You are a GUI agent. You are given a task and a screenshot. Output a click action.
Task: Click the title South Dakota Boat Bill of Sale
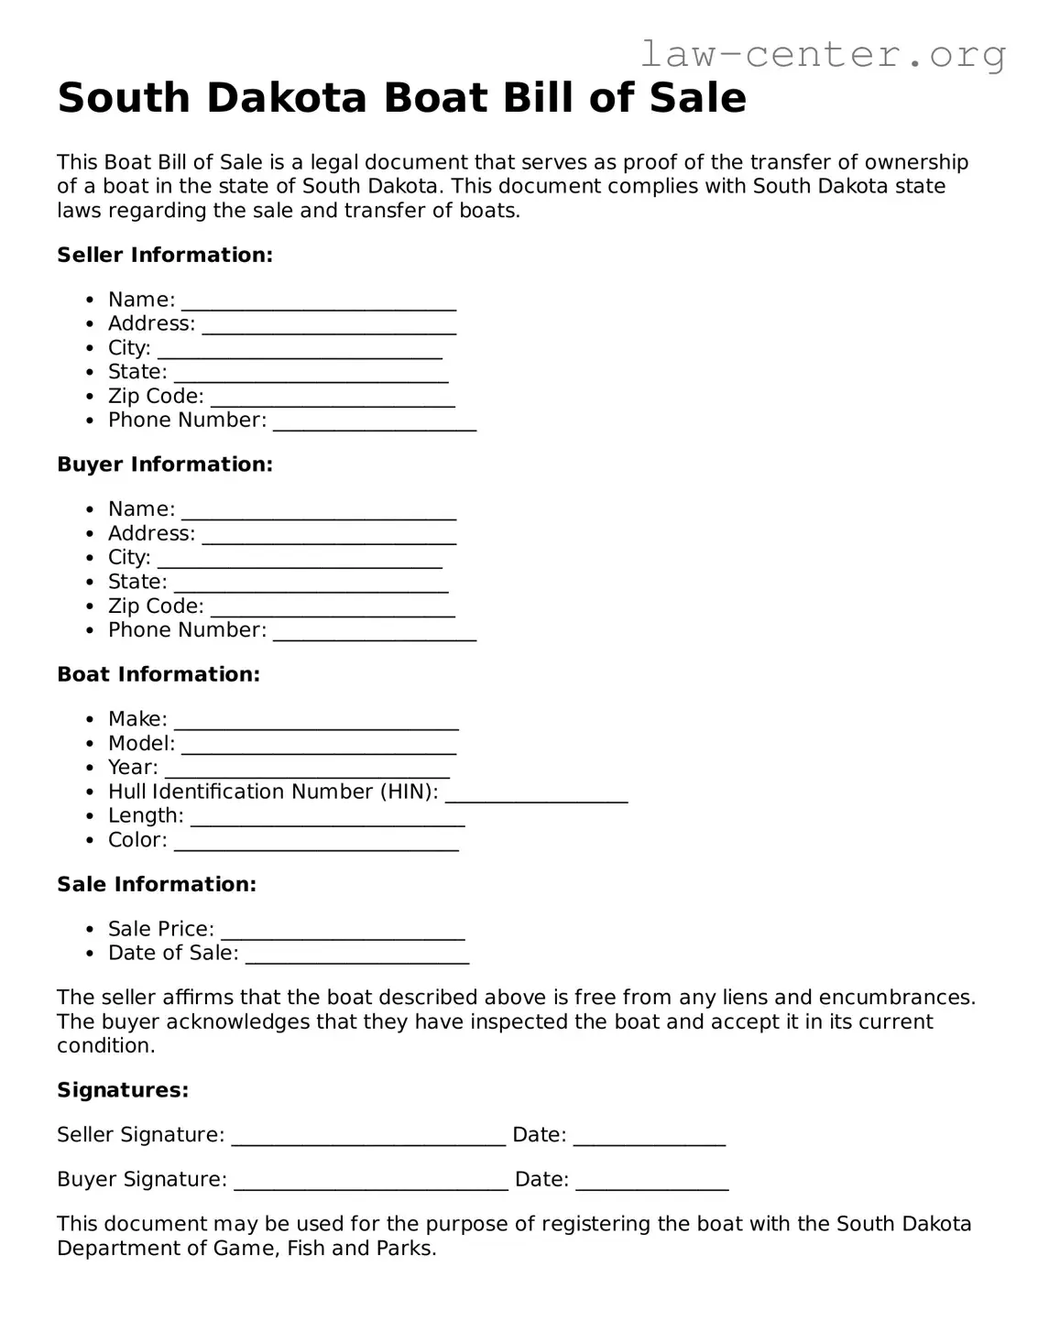click(401, 98)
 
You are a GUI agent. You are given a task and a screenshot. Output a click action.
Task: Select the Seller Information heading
click(165, 256)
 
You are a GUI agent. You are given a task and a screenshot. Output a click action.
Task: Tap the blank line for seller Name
click(318, 302)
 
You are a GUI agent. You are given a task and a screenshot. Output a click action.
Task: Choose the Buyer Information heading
click(165, 465)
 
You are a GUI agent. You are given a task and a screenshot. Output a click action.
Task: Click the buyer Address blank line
click(328, 536)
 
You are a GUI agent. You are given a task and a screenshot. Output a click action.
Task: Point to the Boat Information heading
click(158, 675)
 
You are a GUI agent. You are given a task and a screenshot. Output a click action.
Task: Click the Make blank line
click(316, 722)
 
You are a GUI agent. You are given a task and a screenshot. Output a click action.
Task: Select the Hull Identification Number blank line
click(536, 794)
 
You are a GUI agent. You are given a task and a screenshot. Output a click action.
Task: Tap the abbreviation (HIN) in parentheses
click(409, 792)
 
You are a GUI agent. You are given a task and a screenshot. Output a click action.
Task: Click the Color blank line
click(316, 843)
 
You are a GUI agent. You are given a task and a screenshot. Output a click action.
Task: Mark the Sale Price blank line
click(343, 932)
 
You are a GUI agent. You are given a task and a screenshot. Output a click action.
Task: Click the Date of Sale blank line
click(357, 955)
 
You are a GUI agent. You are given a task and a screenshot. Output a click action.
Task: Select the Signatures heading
click(123, 1091)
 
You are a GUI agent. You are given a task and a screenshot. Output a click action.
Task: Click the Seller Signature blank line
click(368, 1137)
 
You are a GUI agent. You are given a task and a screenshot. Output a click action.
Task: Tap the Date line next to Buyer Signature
click(651, 1182)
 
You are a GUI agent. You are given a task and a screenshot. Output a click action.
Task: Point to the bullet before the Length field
click(89, 817)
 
